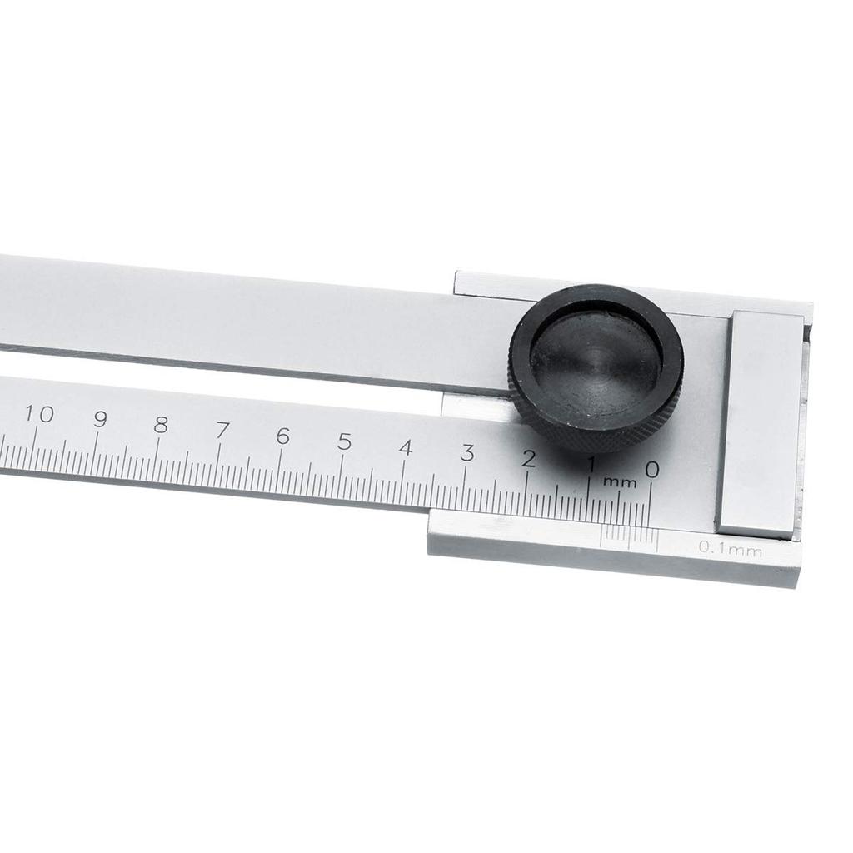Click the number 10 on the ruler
(39, 414)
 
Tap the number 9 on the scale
(100, 419)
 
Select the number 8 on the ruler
(161, 425)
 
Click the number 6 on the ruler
(283, 436)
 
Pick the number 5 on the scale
(344, 442)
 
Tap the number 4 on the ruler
(406, 448)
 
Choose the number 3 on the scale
(467, 454)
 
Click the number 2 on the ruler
(528, 459)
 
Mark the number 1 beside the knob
(591, 464)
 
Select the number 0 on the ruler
(652, 470)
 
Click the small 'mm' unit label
(620, 482)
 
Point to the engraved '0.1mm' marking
(731, 547)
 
